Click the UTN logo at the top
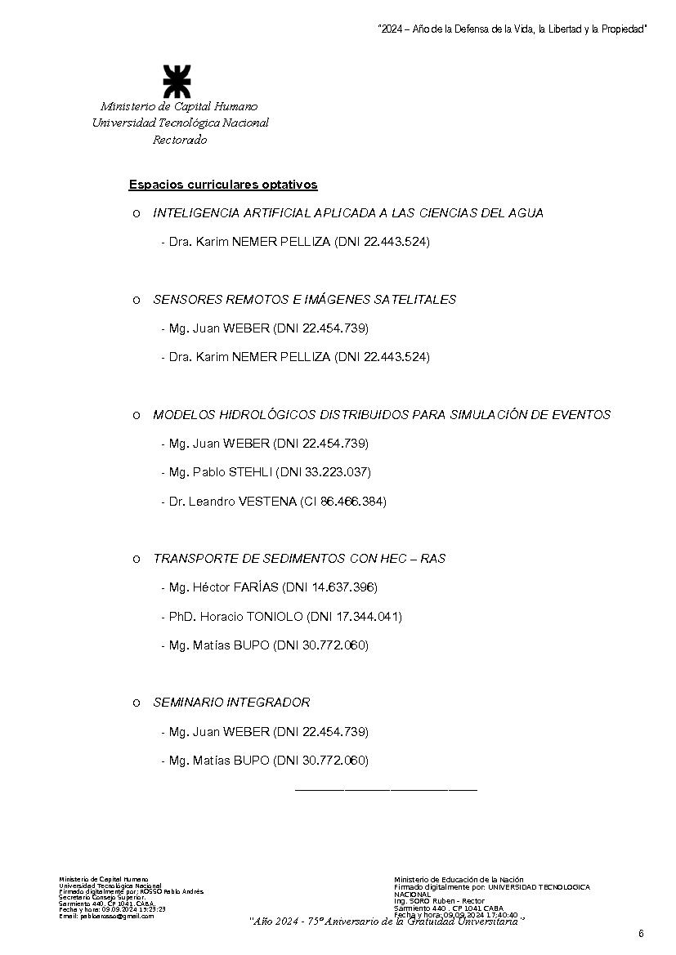point(177,82)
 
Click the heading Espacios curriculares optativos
point(223,185)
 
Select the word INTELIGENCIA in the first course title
point(190,213)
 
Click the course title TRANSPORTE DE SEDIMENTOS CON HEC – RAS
point(299,559)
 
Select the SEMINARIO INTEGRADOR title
point(231,703)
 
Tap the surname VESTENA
point(266,502)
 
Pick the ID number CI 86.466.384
point(343,502)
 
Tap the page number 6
point(642,935)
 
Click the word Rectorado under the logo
point(180,140)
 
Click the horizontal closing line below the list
point(385,790)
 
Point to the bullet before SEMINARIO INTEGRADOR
point(137,703)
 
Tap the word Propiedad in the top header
point(623,29)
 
